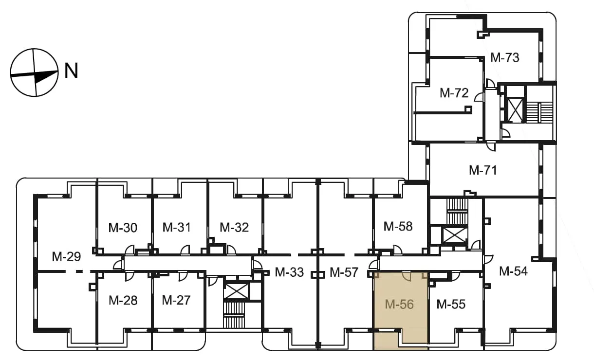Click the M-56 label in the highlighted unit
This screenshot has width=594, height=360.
coord(399,304)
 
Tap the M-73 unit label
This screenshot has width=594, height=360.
coord(504,58)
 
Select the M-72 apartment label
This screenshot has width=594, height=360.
coord(454,93)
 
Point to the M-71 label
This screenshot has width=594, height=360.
coord(483,170)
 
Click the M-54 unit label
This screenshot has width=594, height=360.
coord(513,271)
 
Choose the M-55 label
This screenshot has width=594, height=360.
coord(451,304)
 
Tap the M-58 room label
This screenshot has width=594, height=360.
coord(398,227)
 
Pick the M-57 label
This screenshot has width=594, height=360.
coord(344,272)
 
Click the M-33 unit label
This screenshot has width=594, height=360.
coord(289,272)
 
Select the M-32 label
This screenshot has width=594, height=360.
coord(234,228)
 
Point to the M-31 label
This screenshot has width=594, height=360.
coord(176,228)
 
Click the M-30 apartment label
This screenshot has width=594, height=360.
coord(123,228)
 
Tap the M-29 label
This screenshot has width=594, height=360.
coord(66,256)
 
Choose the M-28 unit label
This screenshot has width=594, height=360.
coord(123,300)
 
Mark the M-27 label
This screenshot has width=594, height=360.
coord(176,300)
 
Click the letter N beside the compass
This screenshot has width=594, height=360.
coord(71,71)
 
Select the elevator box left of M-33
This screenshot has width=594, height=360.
coord(236,291)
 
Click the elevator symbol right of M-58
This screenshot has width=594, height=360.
coord(454,235)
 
